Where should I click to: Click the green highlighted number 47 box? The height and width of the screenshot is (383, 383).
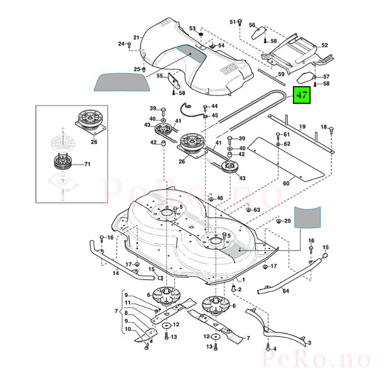pyautogui.click(x=302, y=95)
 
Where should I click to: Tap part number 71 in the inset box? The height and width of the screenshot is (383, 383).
pyautogui.click(x=87, y=164)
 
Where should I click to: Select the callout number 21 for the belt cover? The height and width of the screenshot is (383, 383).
pyautogui.click(x=136, y=37)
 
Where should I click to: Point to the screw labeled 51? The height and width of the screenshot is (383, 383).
pyautogui.click(x=240, y=22)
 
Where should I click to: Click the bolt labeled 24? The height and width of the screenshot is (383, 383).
pyautogui.click(x=129, y=45)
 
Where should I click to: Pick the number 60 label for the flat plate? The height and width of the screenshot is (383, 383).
pyautogui.click(x=286, y=183)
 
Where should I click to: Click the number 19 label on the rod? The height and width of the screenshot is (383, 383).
pyautogui.click(x=302, y=127)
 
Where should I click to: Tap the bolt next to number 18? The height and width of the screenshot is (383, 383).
pyautogui.click(x=331, y=130)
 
